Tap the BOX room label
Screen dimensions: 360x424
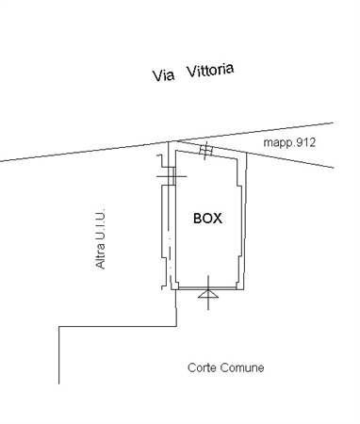pos(207,218)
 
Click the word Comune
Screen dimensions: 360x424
pos(244,367)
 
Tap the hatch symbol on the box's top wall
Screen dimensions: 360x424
pos(206,150)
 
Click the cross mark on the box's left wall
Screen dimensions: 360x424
pos(168,175)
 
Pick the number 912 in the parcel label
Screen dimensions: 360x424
pos(304,143)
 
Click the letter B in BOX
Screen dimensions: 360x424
pos(198,218)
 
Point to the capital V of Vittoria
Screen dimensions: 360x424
pos(191,73)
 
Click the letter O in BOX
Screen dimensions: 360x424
pos(207,218)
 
